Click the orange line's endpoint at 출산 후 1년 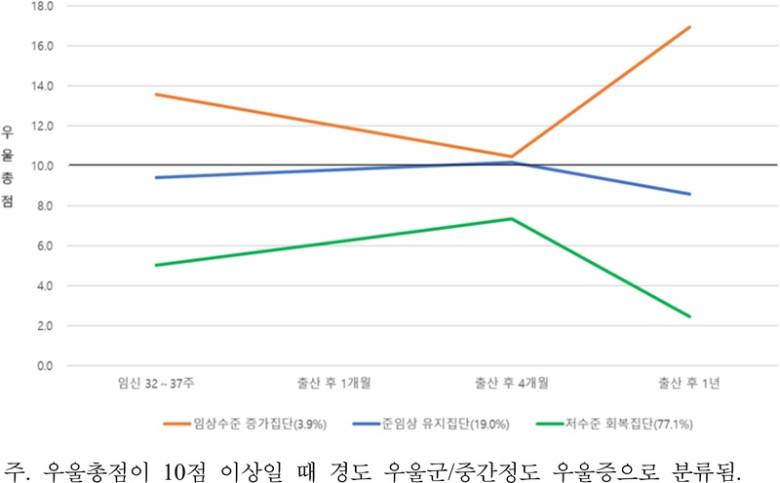click(690, 27)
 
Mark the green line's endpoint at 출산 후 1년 click(690, 316)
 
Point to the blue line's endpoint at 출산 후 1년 click(690, 194)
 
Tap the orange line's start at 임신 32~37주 click(155, 94)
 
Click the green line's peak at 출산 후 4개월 click(512, 218)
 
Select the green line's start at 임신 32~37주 click(155, 265)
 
